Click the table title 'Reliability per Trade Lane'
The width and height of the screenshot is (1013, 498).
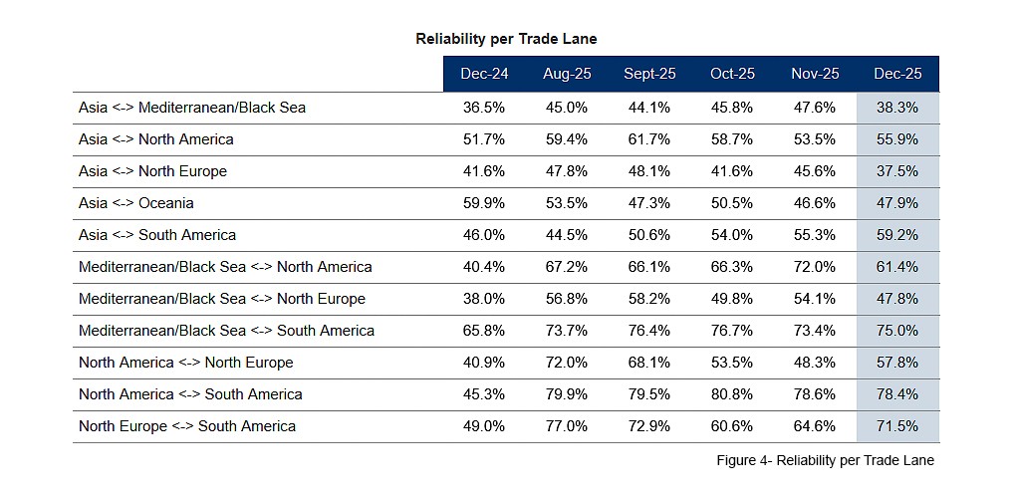[x=506, y=39]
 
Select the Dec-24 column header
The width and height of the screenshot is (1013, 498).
[x=484, y=74]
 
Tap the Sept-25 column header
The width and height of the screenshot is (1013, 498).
[x=649, y=74]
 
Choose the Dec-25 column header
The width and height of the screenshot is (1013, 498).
[x=897, y=74]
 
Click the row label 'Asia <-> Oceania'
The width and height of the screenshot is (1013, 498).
[x=136, y=203]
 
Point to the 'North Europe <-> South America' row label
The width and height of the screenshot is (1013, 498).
[x=187, y=426]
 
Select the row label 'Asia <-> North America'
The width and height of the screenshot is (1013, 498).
[x=156, y=139]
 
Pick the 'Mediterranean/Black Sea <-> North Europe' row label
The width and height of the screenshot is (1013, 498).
[x=222, y=299]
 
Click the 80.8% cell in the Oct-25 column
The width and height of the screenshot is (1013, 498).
[x=732, y=394]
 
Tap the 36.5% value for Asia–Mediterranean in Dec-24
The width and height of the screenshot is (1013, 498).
[x=484, y=108]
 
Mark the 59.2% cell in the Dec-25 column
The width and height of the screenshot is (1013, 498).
[x=897, y=235]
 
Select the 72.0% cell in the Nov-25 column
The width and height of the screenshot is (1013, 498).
[x=815, y=267]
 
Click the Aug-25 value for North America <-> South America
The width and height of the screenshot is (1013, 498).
[x=566, y=394]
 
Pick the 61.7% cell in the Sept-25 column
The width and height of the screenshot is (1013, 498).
[x=649, y=139]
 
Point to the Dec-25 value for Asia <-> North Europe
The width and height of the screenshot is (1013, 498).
[x=897, y=171]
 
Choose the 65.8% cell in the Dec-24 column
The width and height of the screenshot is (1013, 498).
[x=484, y=331]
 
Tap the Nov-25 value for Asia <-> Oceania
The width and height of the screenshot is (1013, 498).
[x=815, y=203]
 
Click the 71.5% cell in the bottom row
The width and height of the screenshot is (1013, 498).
[x=897, y=426]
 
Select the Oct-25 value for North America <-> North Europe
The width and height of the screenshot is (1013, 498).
[x=732, y=363]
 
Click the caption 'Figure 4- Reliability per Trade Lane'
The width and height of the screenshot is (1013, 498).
[x=825, y=460]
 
